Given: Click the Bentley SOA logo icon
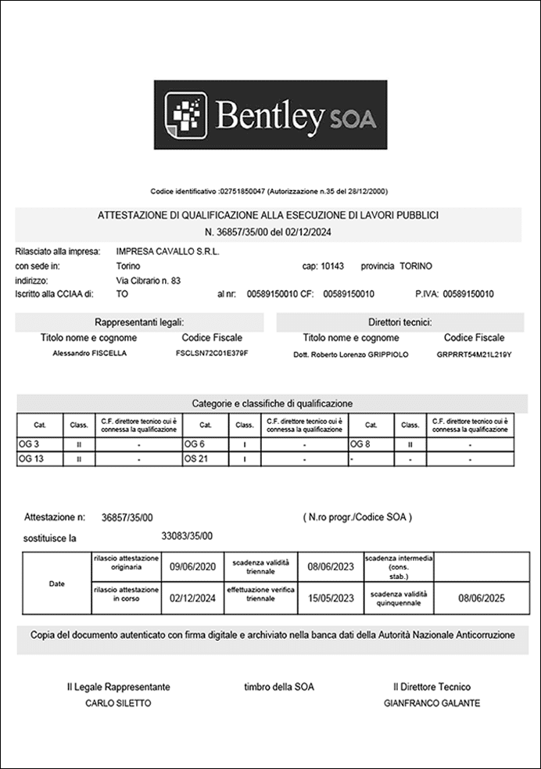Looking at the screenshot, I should click(185, 115).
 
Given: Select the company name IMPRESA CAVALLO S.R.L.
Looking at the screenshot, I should click(167, 252).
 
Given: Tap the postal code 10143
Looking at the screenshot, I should click(332, 266).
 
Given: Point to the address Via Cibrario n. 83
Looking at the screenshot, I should click(148, 280).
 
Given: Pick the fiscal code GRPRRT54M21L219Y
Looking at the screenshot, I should click(474, 354).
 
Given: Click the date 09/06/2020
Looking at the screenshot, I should click(192, 567).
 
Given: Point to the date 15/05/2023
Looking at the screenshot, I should click(330, 598).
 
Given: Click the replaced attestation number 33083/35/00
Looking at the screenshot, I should click(187, 536).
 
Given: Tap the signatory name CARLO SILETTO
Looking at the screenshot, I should click(118, 703).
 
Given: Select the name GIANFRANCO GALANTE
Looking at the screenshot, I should click(432, 703).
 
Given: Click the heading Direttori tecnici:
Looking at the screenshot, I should click(400, 322).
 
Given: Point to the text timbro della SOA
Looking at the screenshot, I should click(278, 687).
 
